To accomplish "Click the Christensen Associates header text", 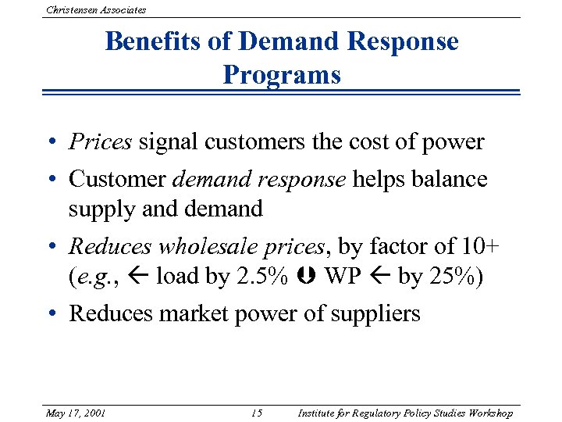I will coord(96,9).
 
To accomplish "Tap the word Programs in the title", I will coord(281,75).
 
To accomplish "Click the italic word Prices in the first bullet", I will coord(101,142).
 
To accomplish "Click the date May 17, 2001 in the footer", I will coord(76,413).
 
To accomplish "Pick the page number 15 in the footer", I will coord(258,413).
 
